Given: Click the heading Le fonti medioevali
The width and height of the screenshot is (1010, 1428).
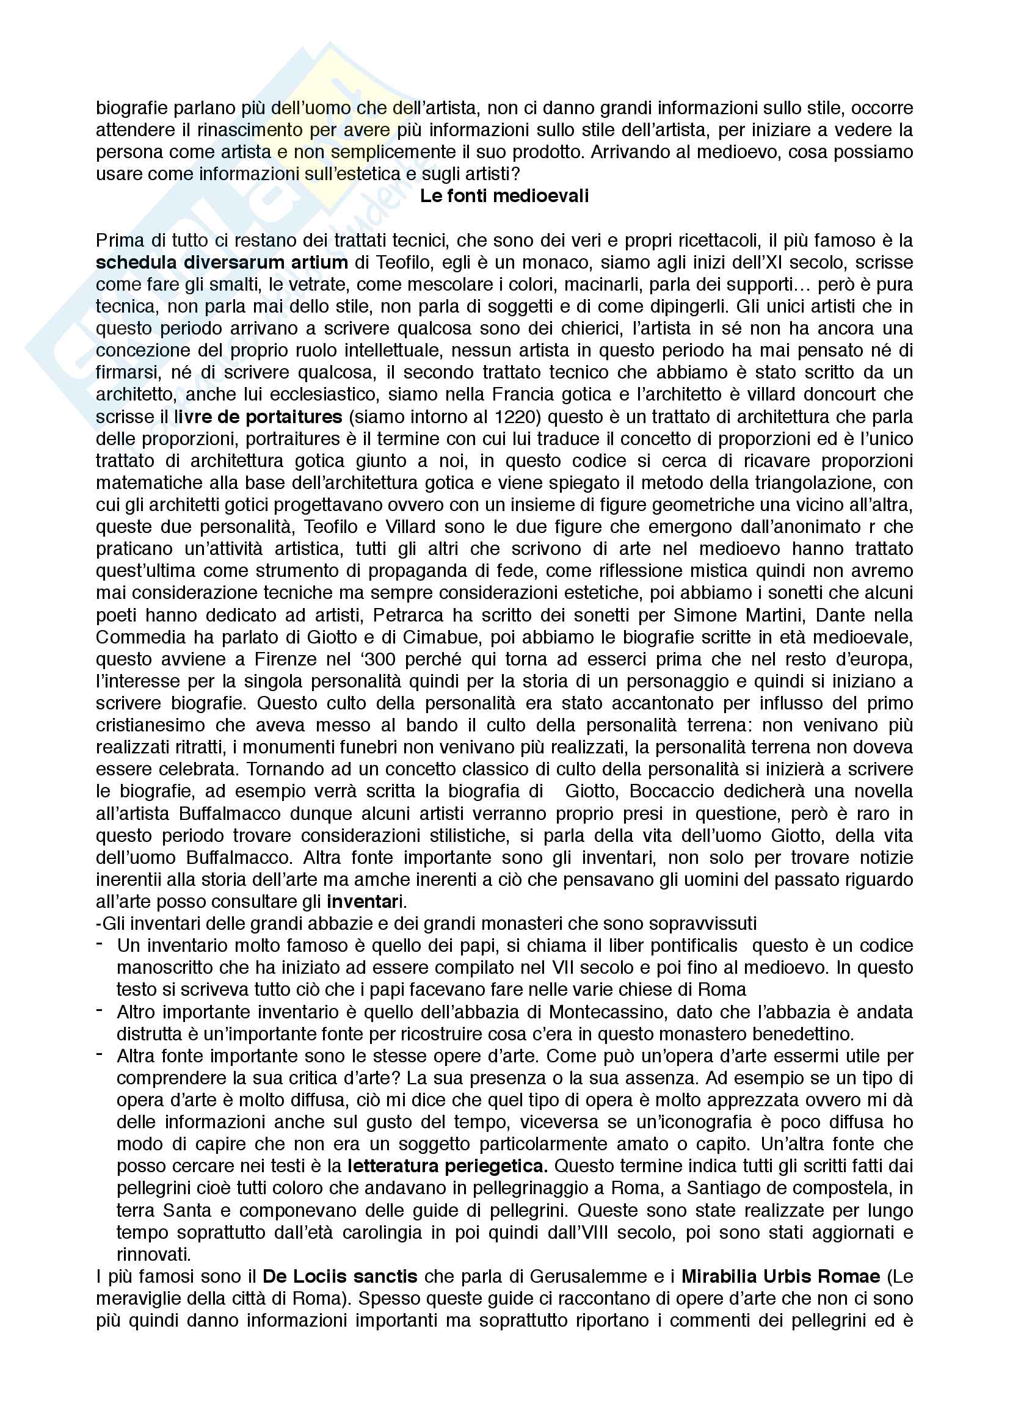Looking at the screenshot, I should point(504,196).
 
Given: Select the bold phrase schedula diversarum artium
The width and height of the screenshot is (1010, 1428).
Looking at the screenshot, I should point(222,263).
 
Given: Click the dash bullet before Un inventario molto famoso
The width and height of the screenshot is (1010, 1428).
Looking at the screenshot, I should point(100,944).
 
